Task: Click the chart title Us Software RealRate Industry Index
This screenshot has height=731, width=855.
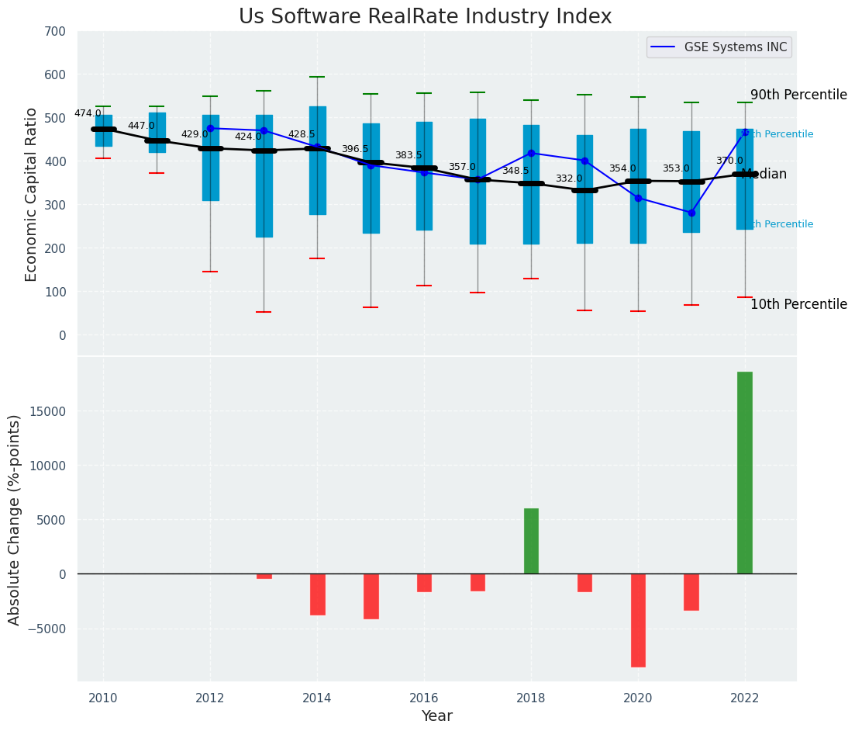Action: pyautogui.click(x=425, y=17)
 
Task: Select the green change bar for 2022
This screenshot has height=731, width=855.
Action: pyautogui.click(x=744, y=473)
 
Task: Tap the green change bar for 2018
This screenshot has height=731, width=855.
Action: pyautogui.click(x=531, y=541)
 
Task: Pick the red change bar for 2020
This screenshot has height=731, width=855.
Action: pyautogui.click(x=638, y=620)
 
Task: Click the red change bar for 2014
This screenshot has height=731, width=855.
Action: pyautogui.click(x=317, y=594)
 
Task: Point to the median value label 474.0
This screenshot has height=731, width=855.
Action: pyautogui.click(x=88, y=113)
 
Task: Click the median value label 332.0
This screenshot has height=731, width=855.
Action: pyautogui.click(x=569, y=178)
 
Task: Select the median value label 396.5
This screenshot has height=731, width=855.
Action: pyautogui.click(x=355, y=149)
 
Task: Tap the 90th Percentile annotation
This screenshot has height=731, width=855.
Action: pyautogui.click(x=798, y=95)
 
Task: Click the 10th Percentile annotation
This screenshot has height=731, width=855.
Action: pyautogui.click(x=798, y=304)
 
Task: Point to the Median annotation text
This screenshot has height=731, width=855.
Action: pyautogui.click(x=764, y=175)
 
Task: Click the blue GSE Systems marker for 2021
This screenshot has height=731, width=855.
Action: pyautogui.click(x=691, y=213)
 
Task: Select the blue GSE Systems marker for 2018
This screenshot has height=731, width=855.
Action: pyautogui.click(x=531, y=153)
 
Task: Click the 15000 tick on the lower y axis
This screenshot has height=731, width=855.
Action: pyautogui.click(x=52, y=411)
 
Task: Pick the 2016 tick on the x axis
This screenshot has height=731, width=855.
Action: pyautogui.click(x=424, y=698)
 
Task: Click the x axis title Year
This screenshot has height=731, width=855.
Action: pyautogui.click(x=437, y=716)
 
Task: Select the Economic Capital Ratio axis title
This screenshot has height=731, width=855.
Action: pyautogui.click(x=32, y=194)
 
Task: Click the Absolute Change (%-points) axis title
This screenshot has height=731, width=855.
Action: pyautogui.click(x=15, y=519)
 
